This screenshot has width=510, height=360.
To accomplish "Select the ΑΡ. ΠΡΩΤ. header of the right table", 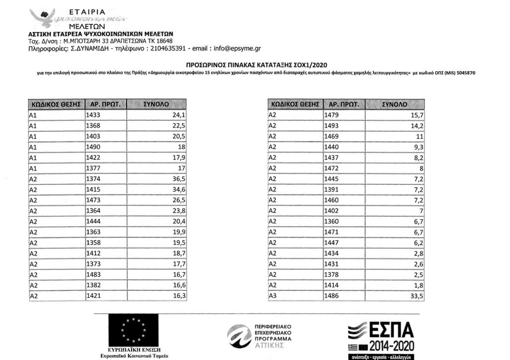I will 343,105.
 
